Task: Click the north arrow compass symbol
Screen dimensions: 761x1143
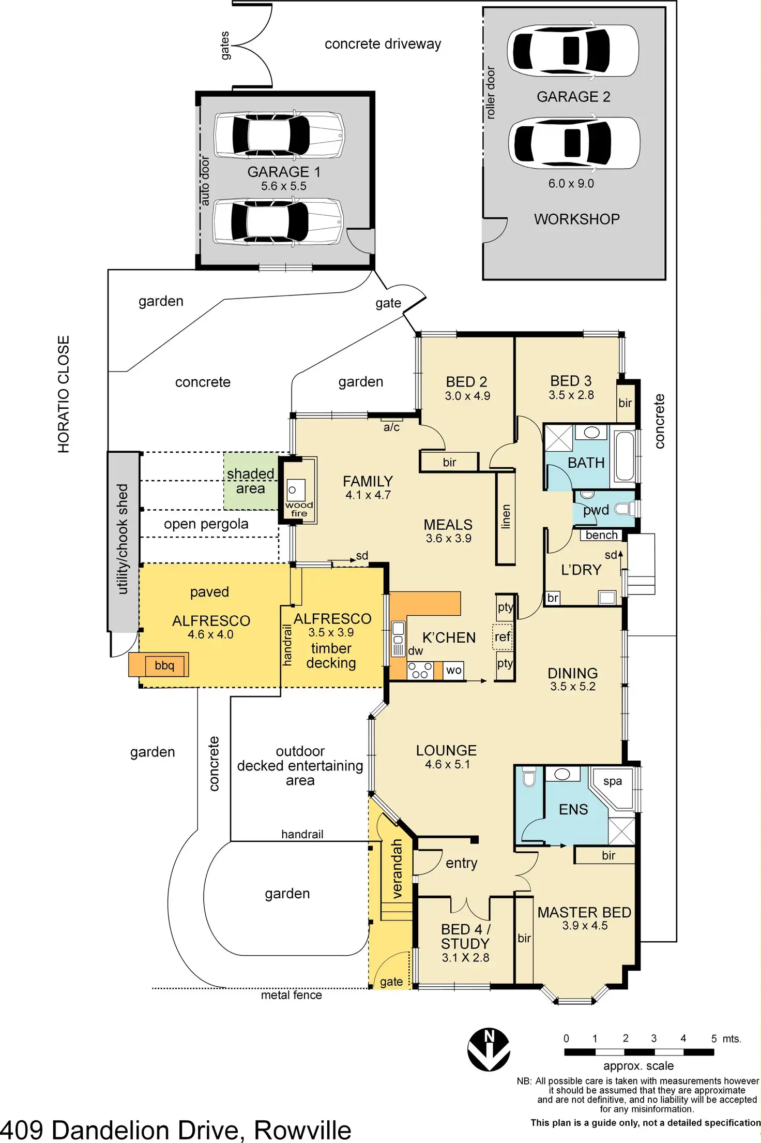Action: point(489,1049)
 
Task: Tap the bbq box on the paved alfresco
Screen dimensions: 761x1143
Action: point(164,665)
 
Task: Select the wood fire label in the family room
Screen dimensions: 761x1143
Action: point(299,509)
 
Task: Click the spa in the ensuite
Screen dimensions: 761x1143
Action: point(613,781)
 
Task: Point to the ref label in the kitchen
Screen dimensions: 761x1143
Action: point(503,636)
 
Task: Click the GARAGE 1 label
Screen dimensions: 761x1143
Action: point(284,172)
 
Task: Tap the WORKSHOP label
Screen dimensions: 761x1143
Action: point(576,219)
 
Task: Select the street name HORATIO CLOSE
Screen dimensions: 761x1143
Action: point(63,394)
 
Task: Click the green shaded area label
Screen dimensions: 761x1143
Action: point(250,481)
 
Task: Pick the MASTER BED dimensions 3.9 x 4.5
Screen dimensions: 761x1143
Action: point(585,926)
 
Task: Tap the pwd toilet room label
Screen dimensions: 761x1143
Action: point(596,510)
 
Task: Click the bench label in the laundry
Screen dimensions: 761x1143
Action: point(601,536)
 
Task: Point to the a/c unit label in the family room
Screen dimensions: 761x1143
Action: point(391,427)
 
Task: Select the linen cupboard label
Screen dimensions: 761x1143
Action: point(506,517)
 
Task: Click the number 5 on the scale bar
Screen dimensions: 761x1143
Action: point(713,1038)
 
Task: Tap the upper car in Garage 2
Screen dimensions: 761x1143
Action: point(572,51)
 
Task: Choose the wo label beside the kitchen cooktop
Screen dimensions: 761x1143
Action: point(453,670)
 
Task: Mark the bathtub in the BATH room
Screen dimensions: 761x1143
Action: point(622,455)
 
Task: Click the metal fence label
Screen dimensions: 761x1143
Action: point(291,995)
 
